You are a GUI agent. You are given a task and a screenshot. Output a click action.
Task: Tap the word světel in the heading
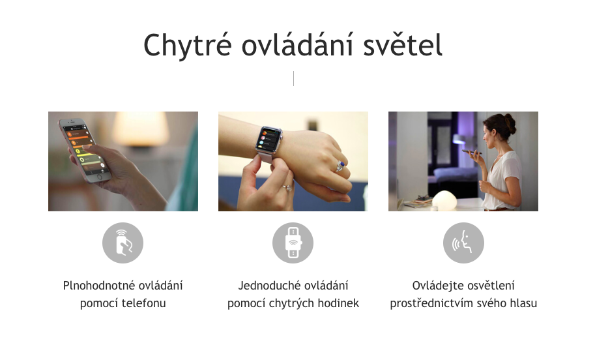(405, 46)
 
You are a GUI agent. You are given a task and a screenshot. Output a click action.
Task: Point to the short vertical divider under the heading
(293, 78)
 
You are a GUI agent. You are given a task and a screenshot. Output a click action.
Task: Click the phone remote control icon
(123, 243)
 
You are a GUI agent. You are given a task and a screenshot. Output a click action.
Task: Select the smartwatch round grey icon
(293, 243)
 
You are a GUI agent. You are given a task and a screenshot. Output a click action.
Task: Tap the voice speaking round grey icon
(463, 243)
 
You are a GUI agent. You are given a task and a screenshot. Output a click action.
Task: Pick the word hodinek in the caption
(336, 303)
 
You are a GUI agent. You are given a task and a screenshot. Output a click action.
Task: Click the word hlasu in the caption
(522, 303)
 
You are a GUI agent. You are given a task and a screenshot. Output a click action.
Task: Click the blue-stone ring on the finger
(340, 166)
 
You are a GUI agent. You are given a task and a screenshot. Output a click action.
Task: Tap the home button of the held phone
(100, 176)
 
